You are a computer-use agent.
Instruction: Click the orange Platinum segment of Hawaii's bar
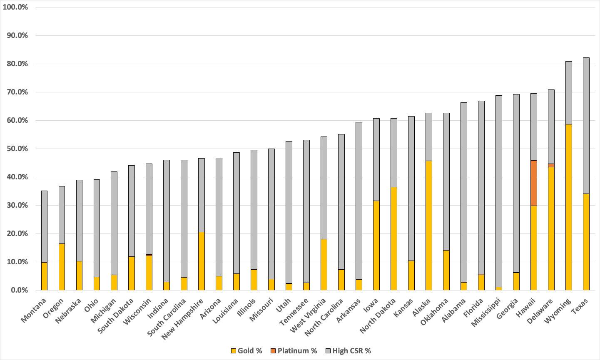534,183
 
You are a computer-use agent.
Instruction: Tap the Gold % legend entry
246,351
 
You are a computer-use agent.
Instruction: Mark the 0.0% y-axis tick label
19,290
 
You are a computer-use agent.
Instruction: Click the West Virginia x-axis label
308,315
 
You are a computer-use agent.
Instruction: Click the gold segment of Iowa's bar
376,245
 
